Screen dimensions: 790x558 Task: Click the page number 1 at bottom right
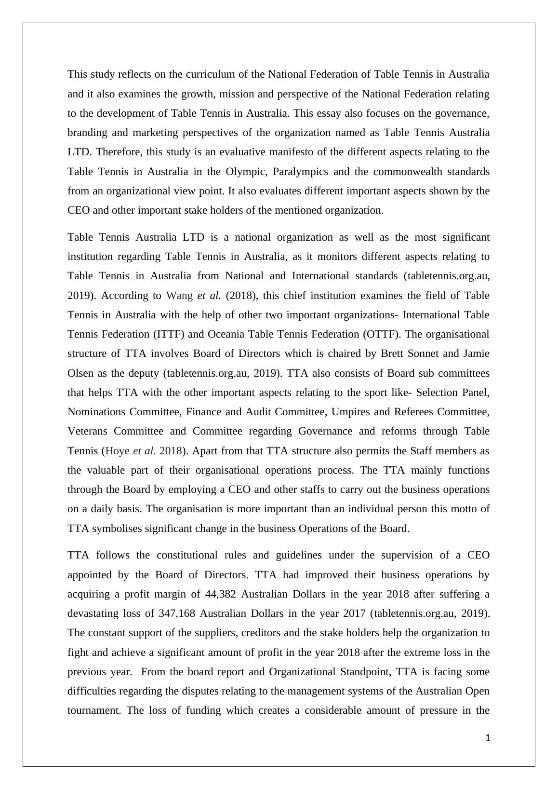(x=488, y=737)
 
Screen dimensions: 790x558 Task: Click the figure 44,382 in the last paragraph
(x=215, y=594)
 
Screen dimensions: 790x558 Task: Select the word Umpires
(x=353, y=412)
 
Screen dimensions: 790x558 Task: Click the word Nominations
(x=96, y=412)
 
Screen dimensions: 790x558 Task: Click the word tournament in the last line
(x=94, y=710)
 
